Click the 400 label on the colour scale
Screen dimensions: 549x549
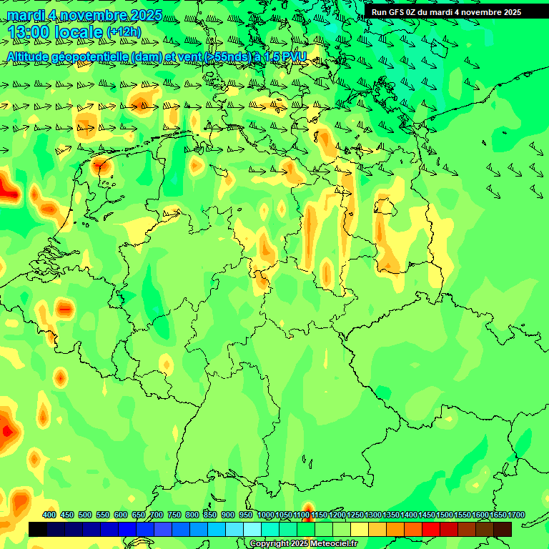pyautogui.click(x=49, y=515)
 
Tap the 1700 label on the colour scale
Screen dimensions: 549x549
pyautogui.click(x=516, y=515)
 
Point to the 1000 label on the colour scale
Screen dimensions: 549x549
pyautogui.click(x=266, y=515)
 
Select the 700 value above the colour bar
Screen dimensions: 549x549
pyautogui.click(x=157, y=515)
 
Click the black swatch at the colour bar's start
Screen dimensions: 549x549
pyautogui.click(x=38, y=529)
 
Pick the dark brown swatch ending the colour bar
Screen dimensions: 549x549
pyautogui.click(x=503, y=529)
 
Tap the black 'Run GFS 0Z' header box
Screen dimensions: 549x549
pyautogui.click(x=447, y=11)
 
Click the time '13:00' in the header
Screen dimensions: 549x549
pyautogui.click(x=29, y=32)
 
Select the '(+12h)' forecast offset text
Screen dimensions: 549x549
pyautogui.click(x=124, y=31)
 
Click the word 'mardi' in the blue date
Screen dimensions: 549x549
pyautogui.click(x=24, y=15)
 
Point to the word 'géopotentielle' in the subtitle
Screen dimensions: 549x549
pyautogui.click(x=89, y=56)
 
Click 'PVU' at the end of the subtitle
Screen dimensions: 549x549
pyautogui.click(x=294, y=56)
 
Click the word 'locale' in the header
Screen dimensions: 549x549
pyautogui.click(x=79, y=32)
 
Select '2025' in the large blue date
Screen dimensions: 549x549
pyautogui.click(x=142, y=15)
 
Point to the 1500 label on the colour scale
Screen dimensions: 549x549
pyautogui.click(x=445, y=515)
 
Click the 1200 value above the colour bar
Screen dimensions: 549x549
pyautogui.click(x=337, y=515)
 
